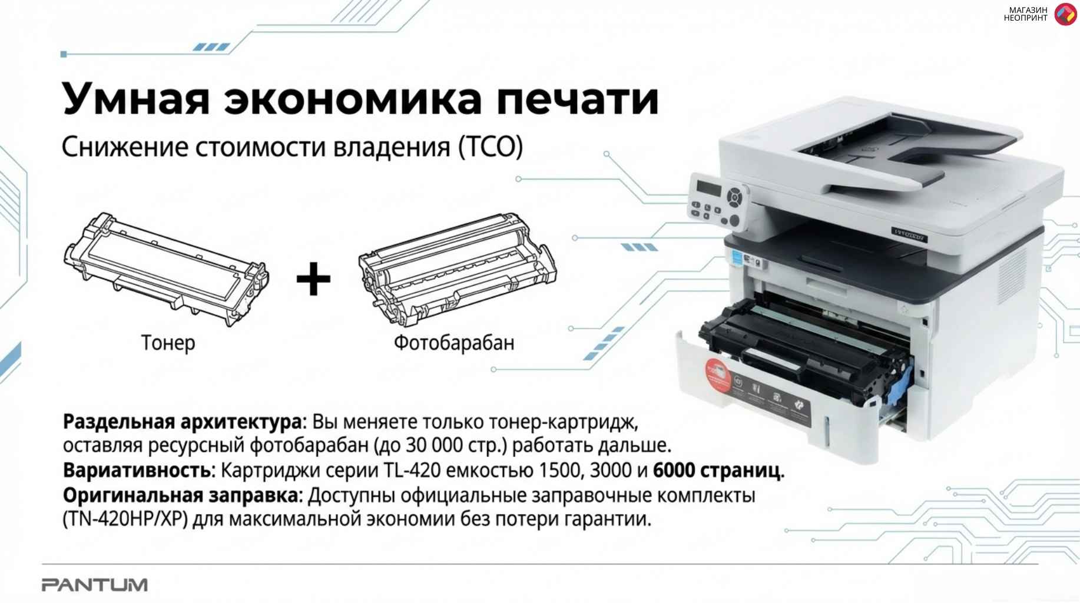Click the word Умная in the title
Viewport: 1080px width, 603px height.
[136, 100]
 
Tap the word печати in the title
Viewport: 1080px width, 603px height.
[577, 100]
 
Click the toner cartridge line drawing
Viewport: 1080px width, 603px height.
[166, 269]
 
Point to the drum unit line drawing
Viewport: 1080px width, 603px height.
[457, 268]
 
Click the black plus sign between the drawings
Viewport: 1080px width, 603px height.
[313, 279]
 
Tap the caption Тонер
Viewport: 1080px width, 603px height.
[168, 342]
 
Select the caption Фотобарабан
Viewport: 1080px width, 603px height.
[453, 342]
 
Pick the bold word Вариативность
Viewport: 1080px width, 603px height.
[137, 471]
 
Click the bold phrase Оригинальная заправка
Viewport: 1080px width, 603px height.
[181, 495]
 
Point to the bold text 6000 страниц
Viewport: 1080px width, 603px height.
[718, 471]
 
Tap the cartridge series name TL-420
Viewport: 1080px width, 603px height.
[412, 471]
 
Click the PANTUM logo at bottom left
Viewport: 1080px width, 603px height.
[95, 585]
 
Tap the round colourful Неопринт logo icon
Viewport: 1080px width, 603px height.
[1065, 14]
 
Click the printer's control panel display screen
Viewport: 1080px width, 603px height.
[709, 188]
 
